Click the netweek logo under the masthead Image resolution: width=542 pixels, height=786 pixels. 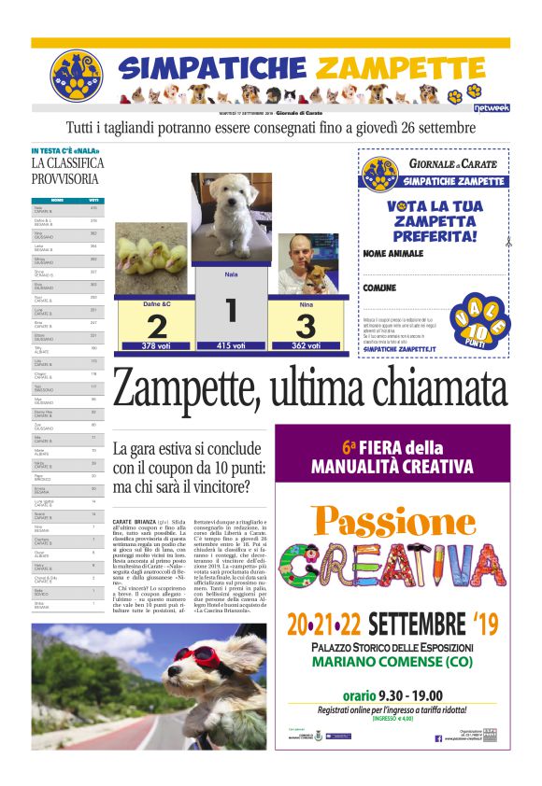tap(492, 108)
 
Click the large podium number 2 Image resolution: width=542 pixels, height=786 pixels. tap(156, 326)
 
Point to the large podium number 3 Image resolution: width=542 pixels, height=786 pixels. tap(306, 326)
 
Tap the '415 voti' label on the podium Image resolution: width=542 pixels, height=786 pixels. tap(231, 345)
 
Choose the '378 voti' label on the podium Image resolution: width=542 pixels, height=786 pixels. tap(155, 346)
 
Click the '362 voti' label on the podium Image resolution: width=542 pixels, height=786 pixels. tap(306, 345)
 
